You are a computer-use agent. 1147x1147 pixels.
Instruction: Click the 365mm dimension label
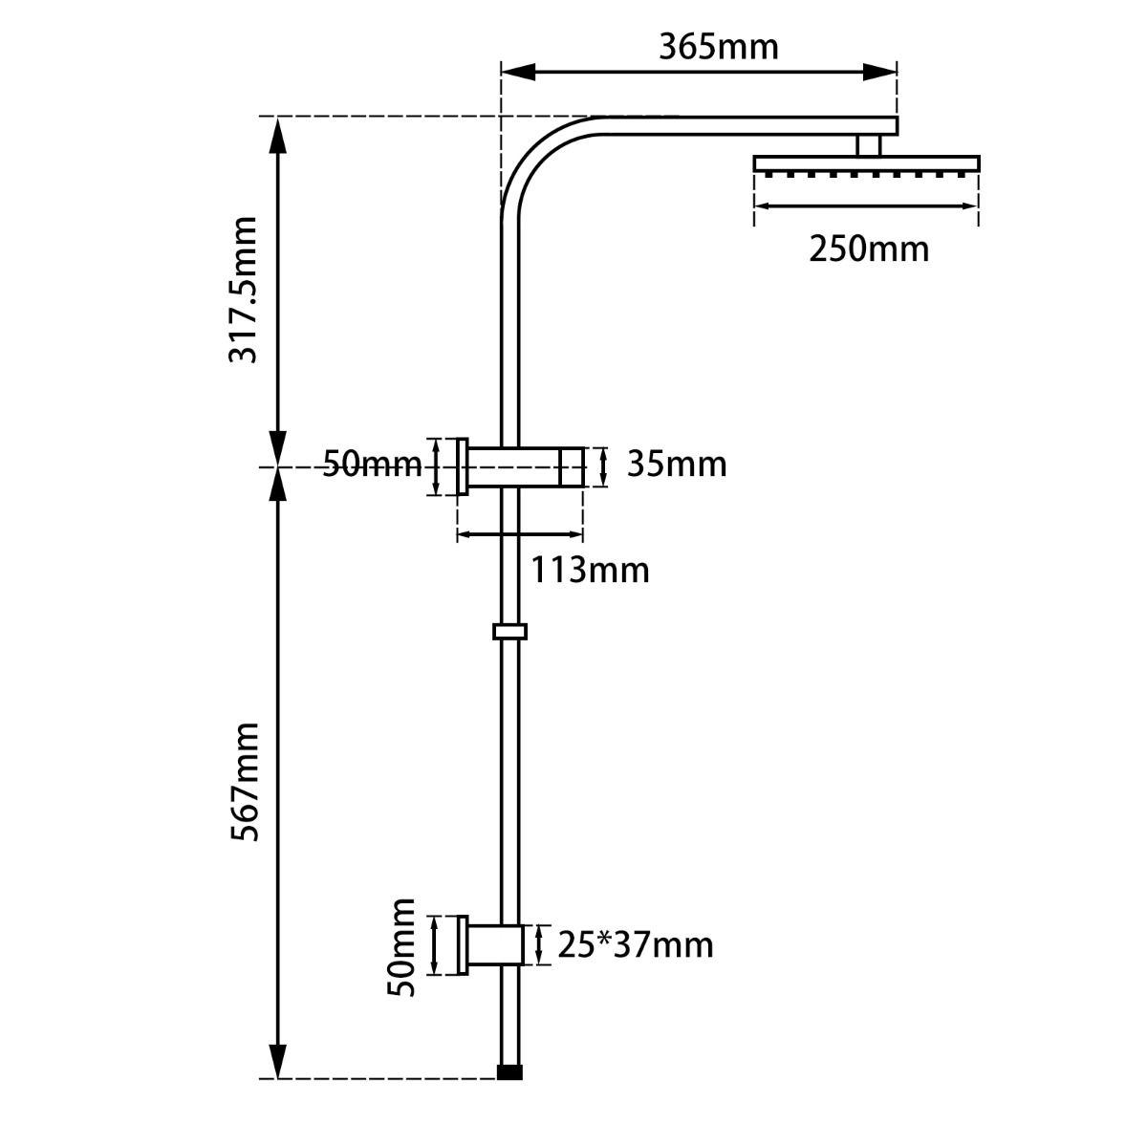[x=718, y=47]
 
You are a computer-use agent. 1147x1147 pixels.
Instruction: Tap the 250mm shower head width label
[x=868, y=249]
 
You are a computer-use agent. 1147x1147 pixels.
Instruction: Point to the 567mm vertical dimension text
[x=245, y=781]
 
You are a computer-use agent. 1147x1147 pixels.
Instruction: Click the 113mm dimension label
[x=590, y=571]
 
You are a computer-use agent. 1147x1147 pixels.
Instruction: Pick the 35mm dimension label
[x=677, y=465]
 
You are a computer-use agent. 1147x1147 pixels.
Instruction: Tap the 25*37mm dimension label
[x=636, y=945]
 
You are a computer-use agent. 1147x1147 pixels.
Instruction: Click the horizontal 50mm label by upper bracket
[x=371, y=465]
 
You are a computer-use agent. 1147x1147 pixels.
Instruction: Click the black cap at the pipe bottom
[x=511, y=1072]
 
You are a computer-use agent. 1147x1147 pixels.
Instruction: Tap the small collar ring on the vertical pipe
[x=510, y=632]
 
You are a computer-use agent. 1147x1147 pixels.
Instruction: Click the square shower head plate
[x=866, y=163]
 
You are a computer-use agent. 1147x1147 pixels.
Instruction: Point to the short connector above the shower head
[x=868, y=144]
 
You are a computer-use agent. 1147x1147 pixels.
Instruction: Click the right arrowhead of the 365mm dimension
[x=884, y=71]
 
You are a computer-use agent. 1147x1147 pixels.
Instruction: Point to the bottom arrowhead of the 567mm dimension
[x=277, y=1062]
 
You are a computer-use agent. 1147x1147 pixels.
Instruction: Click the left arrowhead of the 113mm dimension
[x=466, y=536]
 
